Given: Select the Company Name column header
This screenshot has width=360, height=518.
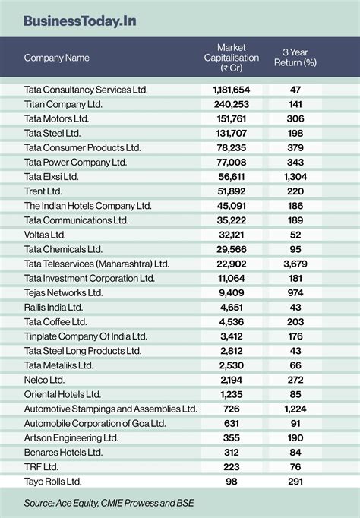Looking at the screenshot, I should [57, 57].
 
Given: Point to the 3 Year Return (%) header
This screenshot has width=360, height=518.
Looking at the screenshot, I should [295, 57].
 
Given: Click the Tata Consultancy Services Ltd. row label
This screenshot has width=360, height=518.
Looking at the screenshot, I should [86, 89].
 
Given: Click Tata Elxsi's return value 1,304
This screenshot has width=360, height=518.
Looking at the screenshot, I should [295, 176].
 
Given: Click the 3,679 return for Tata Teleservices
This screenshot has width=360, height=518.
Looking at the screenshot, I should [295, 264].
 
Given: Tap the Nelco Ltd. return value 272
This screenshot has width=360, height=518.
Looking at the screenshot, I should [295, 379].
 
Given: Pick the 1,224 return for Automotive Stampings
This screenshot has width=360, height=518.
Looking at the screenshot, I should [295, 409].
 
